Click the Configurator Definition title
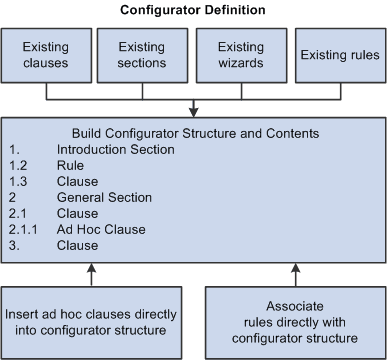193,11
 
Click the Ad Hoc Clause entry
116,229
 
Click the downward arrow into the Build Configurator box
193,108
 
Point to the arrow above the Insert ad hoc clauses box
91,271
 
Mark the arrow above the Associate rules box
295,271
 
